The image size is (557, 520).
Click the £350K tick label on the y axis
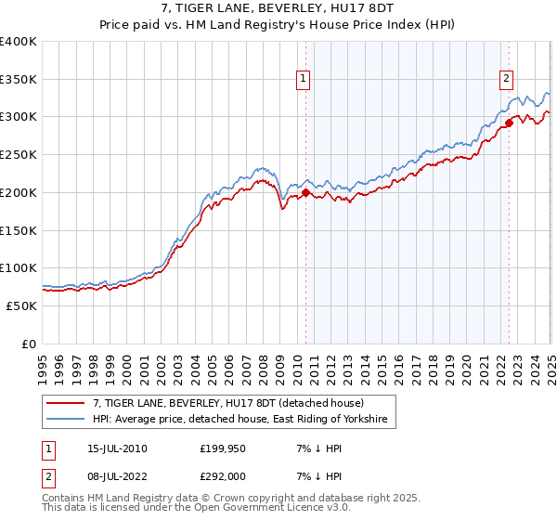click(x=18, y=79)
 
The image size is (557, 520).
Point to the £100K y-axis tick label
click(x=18, y=267)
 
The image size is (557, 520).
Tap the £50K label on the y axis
click(x=21, y=305)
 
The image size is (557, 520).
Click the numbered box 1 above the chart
click(x=304, y=79)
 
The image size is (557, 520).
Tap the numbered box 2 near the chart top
click(x=507, y=79)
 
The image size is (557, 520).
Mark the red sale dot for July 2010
click(x=305, y=193)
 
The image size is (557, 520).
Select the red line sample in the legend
click(x=66, y=403)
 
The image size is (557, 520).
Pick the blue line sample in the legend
click(x=66, y=420)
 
